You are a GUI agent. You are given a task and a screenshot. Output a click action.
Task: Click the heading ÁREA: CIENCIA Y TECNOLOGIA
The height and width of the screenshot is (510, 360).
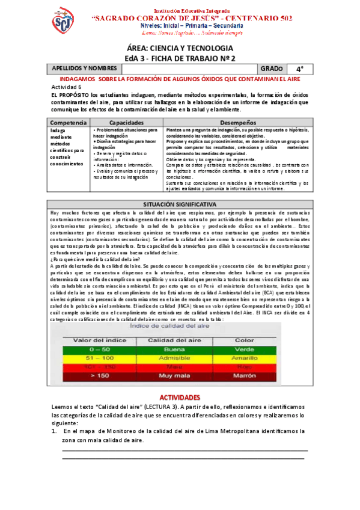pos(180,48)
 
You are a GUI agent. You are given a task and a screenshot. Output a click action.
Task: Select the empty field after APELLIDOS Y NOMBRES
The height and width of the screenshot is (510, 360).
pos(189,69)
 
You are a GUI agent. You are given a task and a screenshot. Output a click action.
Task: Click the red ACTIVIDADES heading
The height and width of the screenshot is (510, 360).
pos(180,398)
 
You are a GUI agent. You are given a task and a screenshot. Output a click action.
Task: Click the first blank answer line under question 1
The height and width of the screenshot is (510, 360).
pos(180,449)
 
